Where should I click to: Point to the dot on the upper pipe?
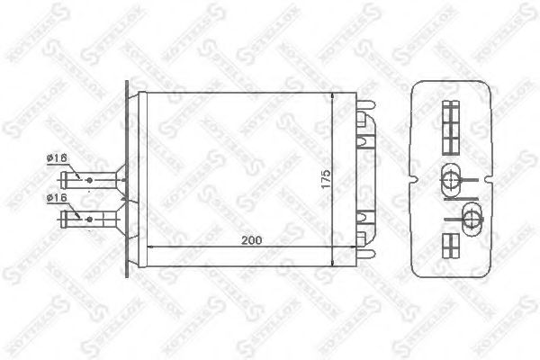point(90,179)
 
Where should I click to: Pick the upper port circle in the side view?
point(451,175)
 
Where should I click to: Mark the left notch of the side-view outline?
point(413,181)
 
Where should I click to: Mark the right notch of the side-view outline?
point(491,181)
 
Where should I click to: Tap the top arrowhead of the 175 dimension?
point(335,96)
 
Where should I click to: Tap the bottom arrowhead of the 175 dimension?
point(335,263)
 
